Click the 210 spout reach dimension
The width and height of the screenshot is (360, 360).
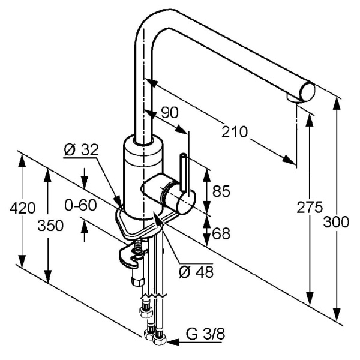click(235, 133)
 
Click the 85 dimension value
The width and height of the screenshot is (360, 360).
click(221, 192)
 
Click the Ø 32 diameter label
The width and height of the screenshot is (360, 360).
click(80, 150)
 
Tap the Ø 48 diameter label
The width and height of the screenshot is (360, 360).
click(196, 272)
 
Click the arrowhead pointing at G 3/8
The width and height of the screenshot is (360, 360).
click(171, 343)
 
